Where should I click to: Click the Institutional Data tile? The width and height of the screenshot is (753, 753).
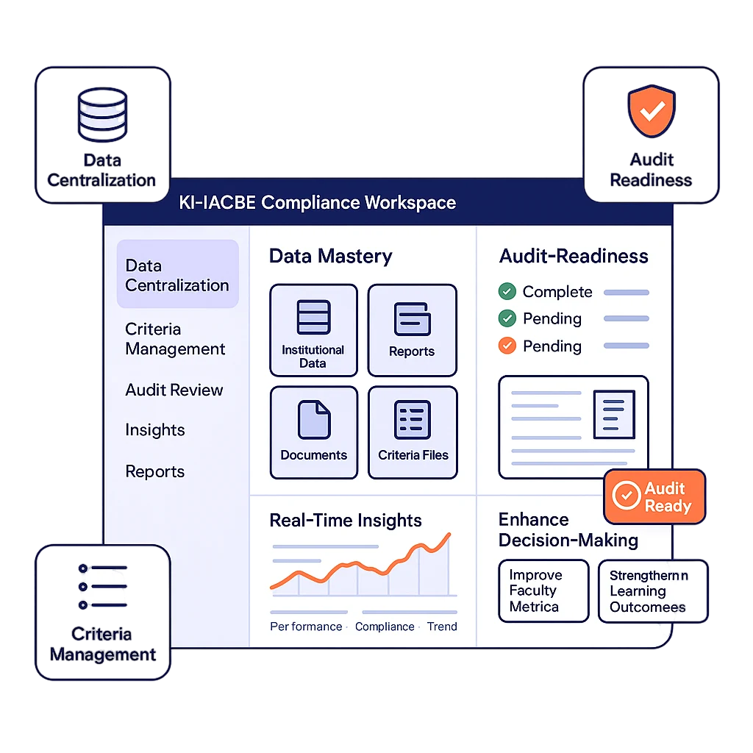[x=313, y=330]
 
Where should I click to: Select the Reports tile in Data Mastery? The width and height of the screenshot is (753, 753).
[x=412, y=330]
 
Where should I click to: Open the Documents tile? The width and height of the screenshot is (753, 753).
[x=313, y=432]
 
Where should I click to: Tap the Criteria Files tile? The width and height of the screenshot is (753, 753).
[x=413, y=432]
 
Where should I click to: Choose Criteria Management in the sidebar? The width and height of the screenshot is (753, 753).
[x=175, y=339]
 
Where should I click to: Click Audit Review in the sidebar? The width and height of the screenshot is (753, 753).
[x=174, y=390]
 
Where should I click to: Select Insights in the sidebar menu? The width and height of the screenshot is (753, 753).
[x=154, y=430]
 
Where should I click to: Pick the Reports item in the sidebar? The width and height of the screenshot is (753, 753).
[x=154, y=471]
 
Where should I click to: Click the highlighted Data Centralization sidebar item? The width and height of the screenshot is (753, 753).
[x=177, y=275]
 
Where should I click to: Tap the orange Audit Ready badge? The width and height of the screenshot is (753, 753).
[x=654, y=497]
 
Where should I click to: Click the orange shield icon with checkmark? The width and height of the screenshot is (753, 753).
[x=651, y=111]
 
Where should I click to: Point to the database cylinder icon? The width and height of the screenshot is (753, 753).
[x=102, y=114]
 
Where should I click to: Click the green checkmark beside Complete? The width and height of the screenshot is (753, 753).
[x=507, y=292]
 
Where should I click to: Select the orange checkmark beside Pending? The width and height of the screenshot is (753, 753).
[x=507, y=346]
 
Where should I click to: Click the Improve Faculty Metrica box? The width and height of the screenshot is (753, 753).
[x=543, y=591]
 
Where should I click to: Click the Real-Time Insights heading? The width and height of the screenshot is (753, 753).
[x=346, y=521]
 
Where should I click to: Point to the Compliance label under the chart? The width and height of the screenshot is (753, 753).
[x=385, y=627]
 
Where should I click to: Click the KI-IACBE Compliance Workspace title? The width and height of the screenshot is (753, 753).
[x=317, y=202]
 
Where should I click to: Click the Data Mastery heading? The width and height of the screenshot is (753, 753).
[x=330, y=256]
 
